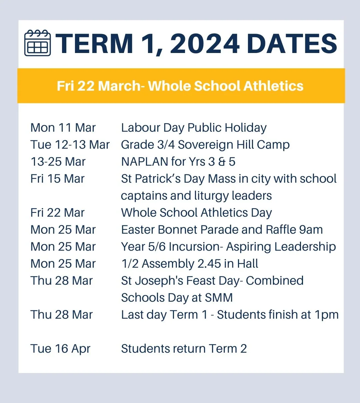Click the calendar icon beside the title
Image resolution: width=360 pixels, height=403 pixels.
[38, 43]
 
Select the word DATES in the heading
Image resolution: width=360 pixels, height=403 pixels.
[292, 44]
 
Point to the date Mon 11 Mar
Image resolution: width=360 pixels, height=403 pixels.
[63, 128]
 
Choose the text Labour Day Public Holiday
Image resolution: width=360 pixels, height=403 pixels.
[194, 128]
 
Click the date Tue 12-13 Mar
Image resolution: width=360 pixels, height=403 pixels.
[70, 145]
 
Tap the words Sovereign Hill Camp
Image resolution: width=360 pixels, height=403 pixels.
[234, 145]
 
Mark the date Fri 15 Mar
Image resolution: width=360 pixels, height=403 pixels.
[57, 179]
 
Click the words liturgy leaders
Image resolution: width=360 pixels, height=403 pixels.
[233, 196]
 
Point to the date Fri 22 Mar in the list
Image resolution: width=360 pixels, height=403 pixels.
[57, 213]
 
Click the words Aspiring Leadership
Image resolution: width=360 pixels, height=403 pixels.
[281, 247]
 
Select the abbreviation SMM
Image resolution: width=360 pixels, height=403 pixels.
[219, 298]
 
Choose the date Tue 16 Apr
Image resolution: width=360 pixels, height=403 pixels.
[60, 349]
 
